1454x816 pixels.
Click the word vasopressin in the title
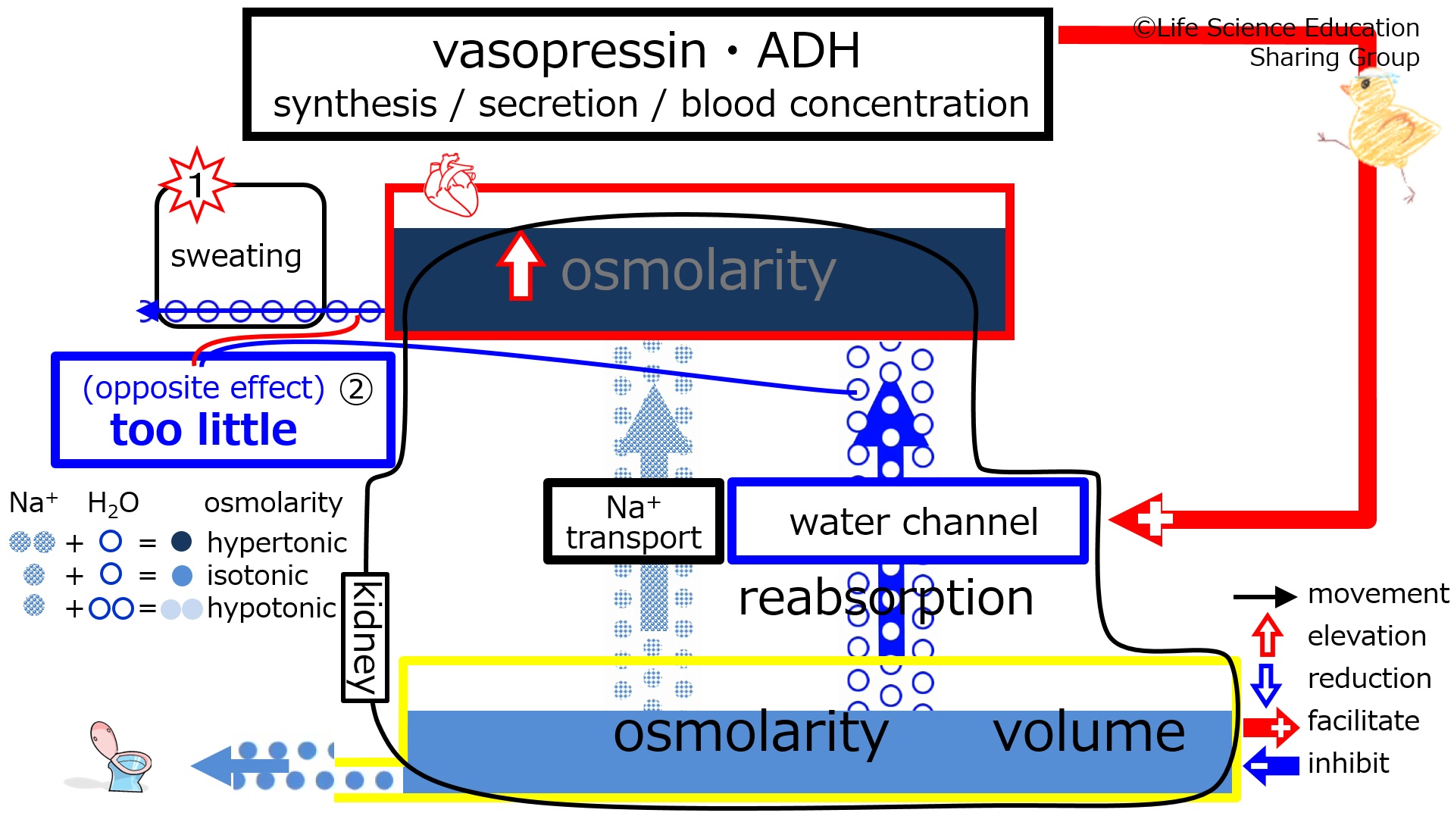(570, 52)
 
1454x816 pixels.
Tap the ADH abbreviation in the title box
(808, 51)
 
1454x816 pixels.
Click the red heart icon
(452, 185)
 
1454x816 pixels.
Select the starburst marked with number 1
(196, 184)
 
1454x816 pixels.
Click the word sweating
(236, 257)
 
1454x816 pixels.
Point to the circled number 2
(356, 389)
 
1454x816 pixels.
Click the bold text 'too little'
(204, 430)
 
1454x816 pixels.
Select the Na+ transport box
(633, 521)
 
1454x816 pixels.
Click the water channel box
(908, 521)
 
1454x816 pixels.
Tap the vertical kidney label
(365, 637)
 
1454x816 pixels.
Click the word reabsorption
(886, 599)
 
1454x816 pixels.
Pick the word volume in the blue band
(1089, 733)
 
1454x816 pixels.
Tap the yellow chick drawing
(1381, 129)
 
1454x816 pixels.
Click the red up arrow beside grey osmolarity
(521, 265)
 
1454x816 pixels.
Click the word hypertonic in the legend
(277, 543)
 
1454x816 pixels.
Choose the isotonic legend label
(258, 576)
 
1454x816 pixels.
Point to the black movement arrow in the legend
(1265, 597)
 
